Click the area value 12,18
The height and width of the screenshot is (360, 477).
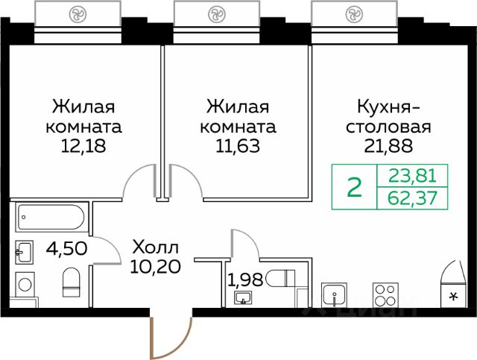[x=83, y=146]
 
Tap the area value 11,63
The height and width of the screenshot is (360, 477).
[x=238, y=146]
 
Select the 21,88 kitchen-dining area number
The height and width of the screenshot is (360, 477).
[x=388, y=146]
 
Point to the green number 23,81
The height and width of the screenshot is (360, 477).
[x=412, y=176]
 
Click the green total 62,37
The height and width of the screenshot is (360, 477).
[x=412, y=198]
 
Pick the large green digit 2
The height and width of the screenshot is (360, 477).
[x=355, y=187]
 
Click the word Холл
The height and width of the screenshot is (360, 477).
[x=156, y=247]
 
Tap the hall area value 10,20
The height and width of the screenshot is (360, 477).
[x=156, y=267]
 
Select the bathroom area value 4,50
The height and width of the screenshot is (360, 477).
[x=66, y=248]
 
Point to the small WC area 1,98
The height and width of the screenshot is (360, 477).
[x=245, y=280]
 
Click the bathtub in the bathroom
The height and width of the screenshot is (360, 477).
[x=51, y=218]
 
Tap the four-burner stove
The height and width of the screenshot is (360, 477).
[x=386, y=294]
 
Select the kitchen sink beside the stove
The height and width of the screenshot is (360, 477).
[x=335, y=294]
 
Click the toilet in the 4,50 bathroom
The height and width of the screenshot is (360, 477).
[x=72, y=282]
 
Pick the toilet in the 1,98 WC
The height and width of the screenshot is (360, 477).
[x=280, y=278]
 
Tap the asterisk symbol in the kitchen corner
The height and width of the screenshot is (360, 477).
[x=454, y=296]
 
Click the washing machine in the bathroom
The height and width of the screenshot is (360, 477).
[x=25, y=284]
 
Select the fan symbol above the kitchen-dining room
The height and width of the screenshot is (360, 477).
[x=354, y=14]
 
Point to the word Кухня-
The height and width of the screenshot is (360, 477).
[x=388, y=107]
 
